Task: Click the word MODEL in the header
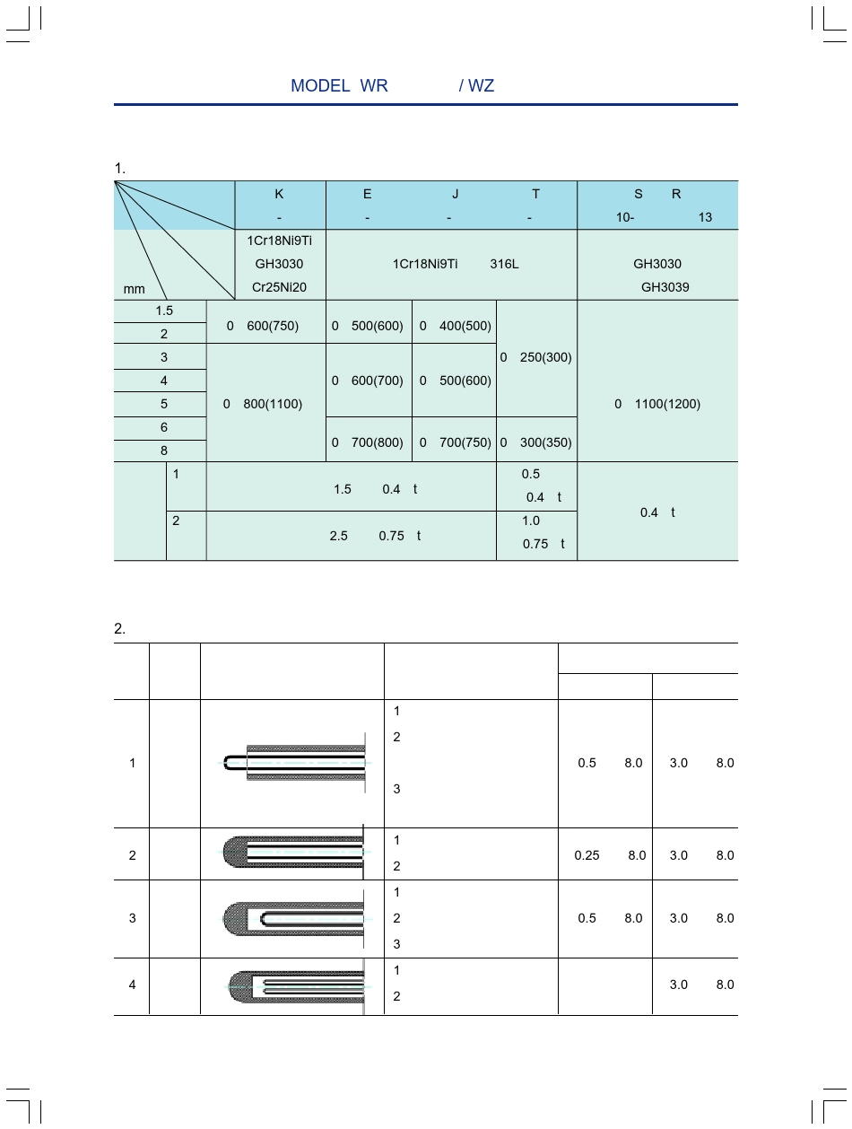pyautogui.click(x=319, y=86)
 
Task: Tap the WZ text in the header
pyautogui.click(x=482, y=86)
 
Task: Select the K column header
pyautogui.click(x=279, y=194)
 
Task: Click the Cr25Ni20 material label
pyautogui.click(x=279, y=287)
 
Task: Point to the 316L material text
pyautogui.click(x=504, y=264)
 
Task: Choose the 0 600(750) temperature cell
pyautogui.click(x=265, y=326)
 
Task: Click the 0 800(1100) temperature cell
pyautogui.click(x=265, y=404)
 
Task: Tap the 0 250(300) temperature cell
pyautogui.click(x=536, y=357)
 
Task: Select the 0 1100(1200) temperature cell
pyautogui.click(x=657, y=404)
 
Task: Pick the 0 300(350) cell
pyautogui.click(x=536, y=442)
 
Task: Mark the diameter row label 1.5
pyautogui.click(x=164, y=311)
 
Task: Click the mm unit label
pyautogui.click(x=134, y=290)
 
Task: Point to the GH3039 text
pyautogui.click(x=665, y=287)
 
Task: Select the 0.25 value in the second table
pyautogui.click(x=587, y=855)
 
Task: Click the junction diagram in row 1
pyautogui.click(x=297, y=763)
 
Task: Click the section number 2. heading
pyautogui.click(x=119, y=628)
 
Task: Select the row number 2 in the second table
pyautogui.click(x=132, y=855)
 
